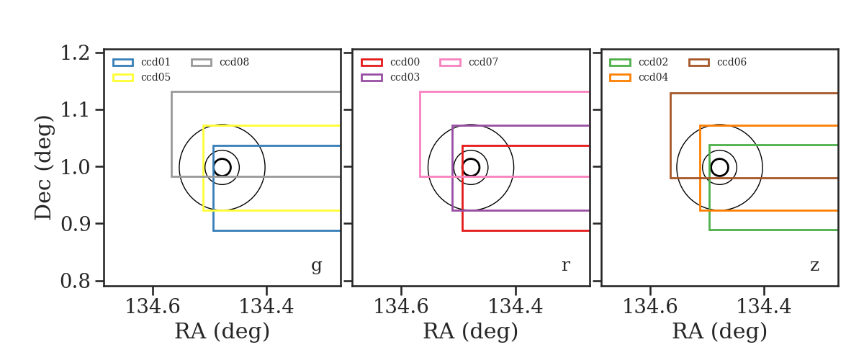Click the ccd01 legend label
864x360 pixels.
coord(156,62)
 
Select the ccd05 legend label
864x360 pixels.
coord(156,77)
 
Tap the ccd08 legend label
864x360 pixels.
coord(234,62)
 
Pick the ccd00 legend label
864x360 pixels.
coord(405,62)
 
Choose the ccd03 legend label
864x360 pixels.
coord(405,77)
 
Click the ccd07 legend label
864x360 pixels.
coord(483,62)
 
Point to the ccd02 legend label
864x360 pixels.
coord(653,62)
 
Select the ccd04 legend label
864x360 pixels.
coord(653,77)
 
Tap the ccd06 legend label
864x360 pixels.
coord(732,62)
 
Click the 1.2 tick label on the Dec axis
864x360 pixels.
coord(75,53)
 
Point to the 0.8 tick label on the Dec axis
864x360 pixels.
coord(75,281)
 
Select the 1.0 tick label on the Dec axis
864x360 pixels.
coord(75,167)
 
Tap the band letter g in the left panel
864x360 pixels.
coord(316,266)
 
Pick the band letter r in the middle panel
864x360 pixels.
coord(565,266)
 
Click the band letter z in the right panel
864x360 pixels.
coord(814,266)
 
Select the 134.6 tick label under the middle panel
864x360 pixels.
coord(401,307)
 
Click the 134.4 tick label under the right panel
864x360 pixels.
coord(764,307)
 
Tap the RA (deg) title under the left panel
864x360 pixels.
coord(222,331)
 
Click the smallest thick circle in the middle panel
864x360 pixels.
coord(479,168)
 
